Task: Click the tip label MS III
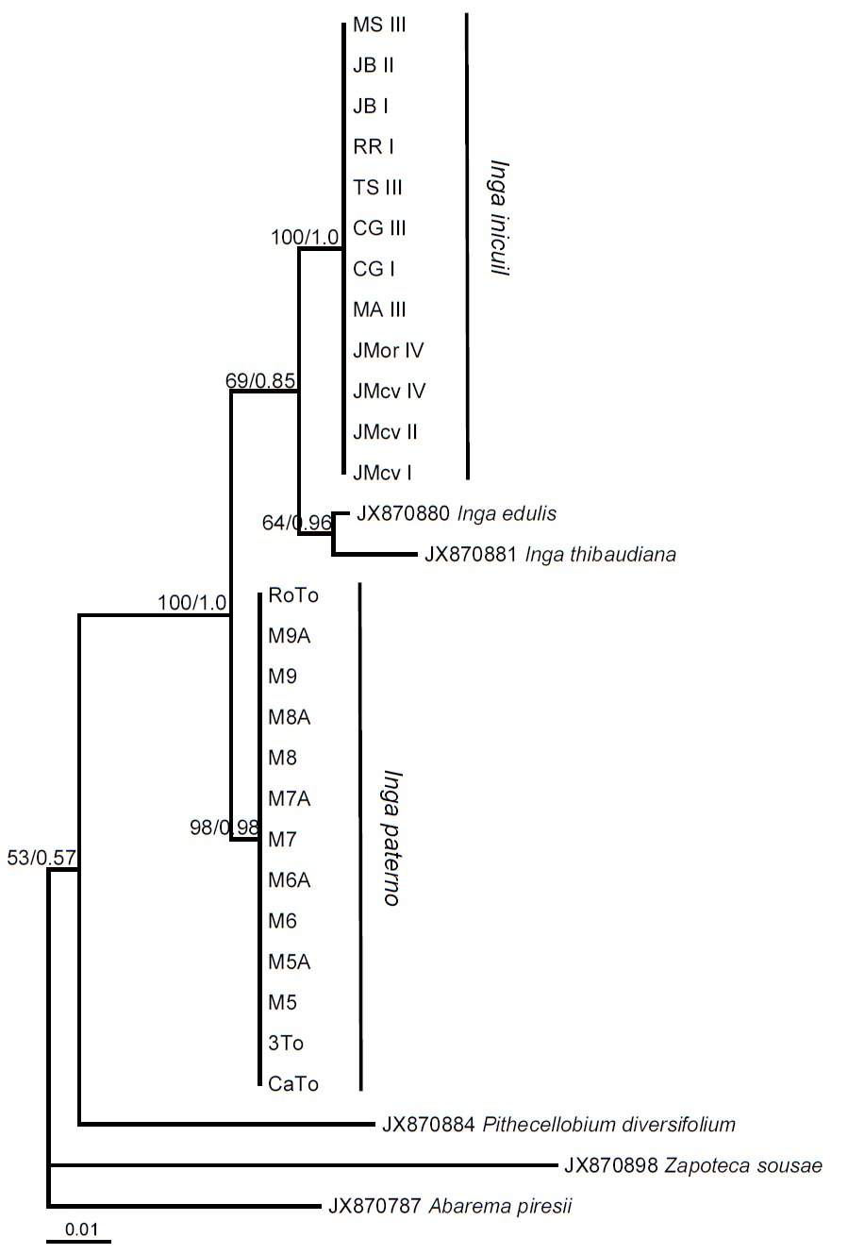point(379,25)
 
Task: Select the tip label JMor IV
point(388,351)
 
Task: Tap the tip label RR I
point(374,147)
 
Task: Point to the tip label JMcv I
point(382,473)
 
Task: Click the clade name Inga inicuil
point(499,217)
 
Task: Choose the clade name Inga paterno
point(392,838)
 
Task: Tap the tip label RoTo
point(293,595)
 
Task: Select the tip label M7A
point(289,799)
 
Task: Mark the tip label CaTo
point(293,1084)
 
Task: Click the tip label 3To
point(286,1044)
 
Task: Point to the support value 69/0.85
point(260,381)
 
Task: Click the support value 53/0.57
point(42,858)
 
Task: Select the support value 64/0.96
point(297,522)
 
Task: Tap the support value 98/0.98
point(224,828)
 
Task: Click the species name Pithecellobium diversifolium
point(608,1125)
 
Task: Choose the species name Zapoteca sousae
point(743,1166)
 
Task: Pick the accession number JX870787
point(374,1207)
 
